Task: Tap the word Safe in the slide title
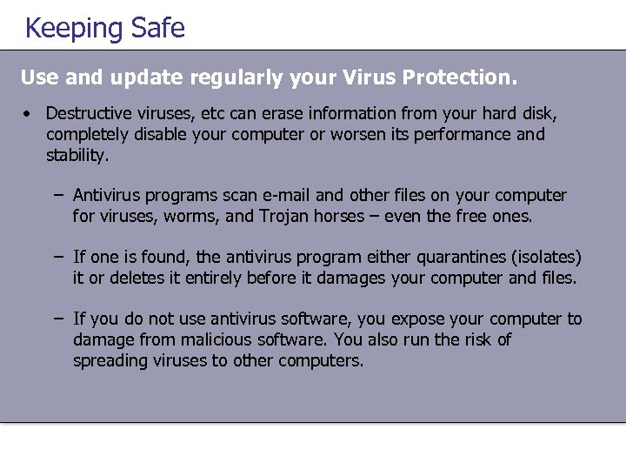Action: click(x=157, y=28)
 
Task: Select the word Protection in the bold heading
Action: click(x=459, y=77)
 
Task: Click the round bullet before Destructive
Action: click(x=28, y=114)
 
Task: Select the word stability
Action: click(x=77, y=156)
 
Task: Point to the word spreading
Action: click(x=110, y=361)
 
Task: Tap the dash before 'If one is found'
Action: click(x=57, y=257)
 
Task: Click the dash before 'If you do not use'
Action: click(x=57, y=319)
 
